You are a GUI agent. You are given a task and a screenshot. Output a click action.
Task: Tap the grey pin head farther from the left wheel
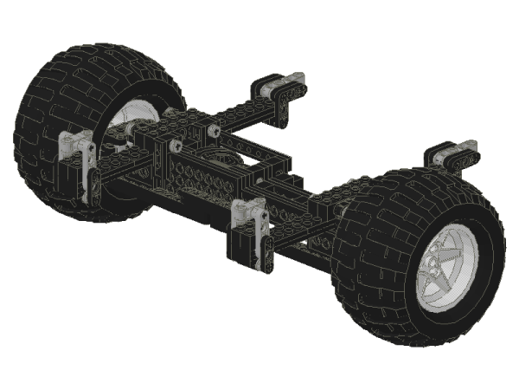click(x=212, y=132)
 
